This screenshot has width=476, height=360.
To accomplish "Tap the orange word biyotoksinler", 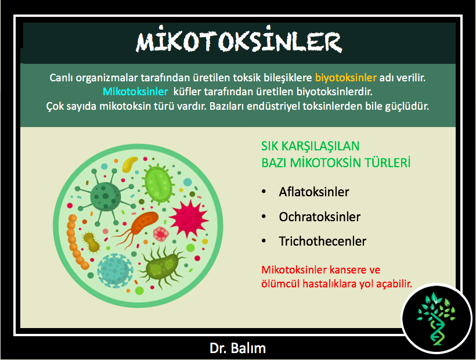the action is coord(346,78).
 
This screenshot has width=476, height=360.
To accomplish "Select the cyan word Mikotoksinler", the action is coord(135,92).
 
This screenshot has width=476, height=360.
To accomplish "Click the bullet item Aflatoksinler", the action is coord(314,192).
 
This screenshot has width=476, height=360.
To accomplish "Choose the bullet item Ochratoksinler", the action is coord(320,217).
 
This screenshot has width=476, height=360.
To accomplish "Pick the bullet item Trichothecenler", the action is coord(322,242).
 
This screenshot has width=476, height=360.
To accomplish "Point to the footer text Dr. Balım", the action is coord(237,348).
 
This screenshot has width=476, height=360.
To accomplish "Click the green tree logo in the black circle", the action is coord(436,318).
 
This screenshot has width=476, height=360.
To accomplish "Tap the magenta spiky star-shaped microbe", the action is coord(189,218).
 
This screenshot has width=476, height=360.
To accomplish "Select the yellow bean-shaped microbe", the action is coord(130,164).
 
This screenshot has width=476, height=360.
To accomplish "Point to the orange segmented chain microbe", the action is coord(76,242).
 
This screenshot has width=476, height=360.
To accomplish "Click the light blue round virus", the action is coord(115,270).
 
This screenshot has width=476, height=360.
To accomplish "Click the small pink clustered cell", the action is coord(161,234).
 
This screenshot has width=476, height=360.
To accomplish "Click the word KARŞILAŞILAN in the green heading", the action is coord(320,146).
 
